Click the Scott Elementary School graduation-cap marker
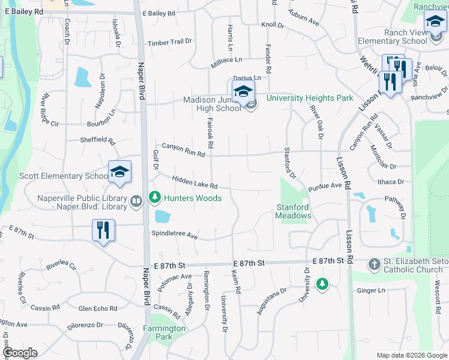119,172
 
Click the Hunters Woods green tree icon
155,197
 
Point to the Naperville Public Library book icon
136,201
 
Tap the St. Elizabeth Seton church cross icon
373,264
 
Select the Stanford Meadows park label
294,211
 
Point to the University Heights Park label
310,98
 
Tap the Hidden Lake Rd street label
194,182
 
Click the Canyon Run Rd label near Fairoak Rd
183,150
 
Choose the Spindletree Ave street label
175,234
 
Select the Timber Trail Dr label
170,42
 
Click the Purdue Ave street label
325,187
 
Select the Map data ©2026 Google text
411,355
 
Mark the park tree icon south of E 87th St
322,283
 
